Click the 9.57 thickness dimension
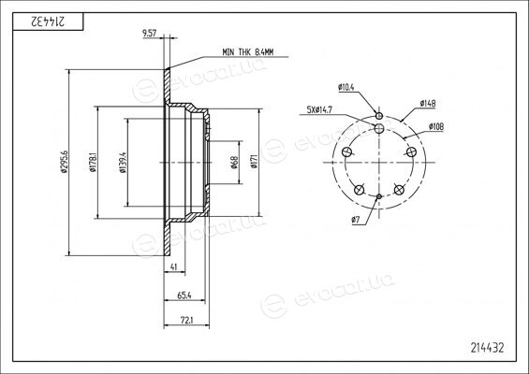tap(149, 33)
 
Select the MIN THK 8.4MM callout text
tap(247, 52)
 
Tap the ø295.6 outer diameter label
tap(65, 162)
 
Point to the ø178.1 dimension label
tap(94, 162)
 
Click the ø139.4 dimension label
tap(124, 163)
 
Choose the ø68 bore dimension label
tap(234, 163)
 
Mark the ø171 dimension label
tap(254, 161)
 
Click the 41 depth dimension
tap(174, 266)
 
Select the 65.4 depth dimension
tap(184, 295)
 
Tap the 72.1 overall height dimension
tap(186, 321)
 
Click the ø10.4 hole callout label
tap(346, 87)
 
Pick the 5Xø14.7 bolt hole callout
tap(320, 109)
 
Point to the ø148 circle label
tap(428, 103)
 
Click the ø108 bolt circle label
tap(436, 126)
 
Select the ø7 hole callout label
tap(356, 220)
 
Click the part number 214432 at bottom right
tap(488, 348)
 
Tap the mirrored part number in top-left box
tap(48, 22)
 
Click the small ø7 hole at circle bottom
tap(379, 196)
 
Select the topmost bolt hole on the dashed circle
tap(379, 128)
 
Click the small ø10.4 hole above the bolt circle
tap(379, 116)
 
